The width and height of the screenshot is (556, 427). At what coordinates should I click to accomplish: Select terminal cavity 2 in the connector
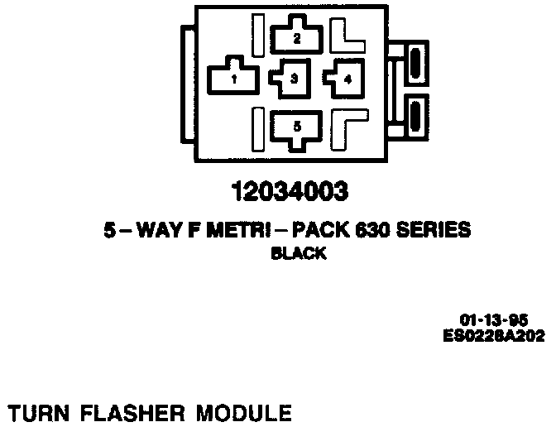click(297, 37)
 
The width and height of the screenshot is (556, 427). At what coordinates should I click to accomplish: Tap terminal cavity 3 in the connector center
click(294, 79)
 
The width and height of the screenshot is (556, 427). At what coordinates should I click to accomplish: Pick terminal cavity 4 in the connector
click(346, 79)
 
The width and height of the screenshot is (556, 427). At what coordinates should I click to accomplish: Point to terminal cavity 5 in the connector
click(297, 127)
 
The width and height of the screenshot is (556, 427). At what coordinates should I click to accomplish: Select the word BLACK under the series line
click(299, 255)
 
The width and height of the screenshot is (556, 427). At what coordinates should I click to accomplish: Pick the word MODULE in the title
click(243, 411)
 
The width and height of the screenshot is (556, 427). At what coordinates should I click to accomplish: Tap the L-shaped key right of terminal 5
click(347, 126)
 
